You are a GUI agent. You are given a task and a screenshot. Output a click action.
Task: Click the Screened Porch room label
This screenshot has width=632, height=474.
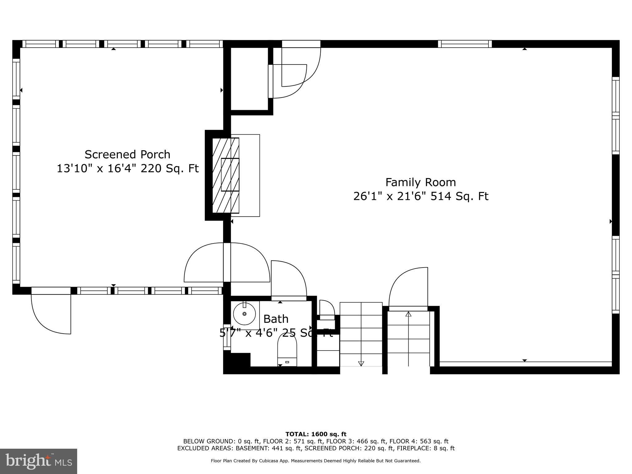127,154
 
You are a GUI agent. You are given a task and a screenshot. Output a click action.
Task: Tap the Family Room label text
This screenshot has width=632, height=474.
420,182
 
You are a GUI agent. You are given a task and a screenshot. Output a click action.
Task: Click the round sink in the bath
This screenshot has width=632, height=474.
244,314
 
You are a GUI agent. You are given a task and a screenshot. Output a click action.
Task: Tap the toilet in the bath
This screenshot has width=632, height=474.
287,352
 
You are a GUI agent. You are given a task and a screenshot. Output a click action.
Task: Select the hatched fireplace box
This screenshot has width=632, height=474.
226,175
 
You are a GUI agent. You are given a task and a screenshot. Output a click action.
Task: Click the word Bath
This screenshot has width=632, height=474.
276,319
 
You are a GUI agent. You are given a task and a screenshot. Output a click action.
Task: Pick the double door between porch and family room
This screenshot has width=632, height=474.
227,263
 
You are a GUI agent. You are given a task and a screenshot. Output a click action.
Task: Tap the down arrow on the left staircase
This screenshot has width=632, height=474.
361,363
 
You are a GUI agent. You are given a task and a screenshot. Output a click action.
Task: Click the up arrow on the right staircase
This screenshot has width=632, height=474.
408,314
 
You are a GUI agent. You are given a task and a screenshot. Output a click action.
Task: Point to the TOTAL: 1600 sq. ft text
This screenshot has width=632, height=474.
316,434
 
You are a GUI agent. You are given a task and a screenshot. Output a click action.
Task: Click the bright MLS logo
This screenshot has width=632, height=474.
39,461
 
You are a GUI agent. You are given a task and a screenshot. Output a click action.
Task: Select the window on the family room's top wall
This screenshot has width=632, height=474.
464,44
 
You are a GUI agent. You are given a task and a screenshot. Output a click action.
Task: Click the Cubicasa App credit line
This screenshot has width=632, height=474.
315,461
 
